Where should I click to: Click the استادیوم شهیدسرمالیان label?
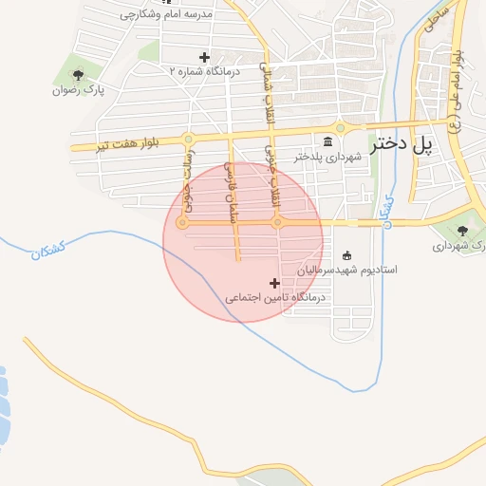point(346,270)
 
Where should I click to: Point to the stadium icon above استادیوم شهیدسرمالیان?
point(346,254)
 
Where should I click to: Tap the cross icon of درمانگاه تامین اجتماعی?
point(275,283)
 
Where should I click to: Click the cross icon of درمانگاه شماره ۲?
point(204,58)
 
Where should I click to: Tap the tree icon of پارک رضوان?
point(78,75)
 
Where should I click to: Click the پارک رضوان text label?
point(78,90)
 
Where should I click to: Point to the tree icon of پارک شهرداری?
point(462,231)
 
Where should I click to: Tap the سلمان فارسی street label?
point(229,185)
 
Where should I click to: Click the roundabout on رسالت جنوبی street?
point(182,222)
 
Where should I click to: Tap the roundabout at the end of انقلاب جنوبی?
point(277,222)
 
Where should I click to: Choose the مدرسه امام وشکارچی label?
point(169,16)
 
